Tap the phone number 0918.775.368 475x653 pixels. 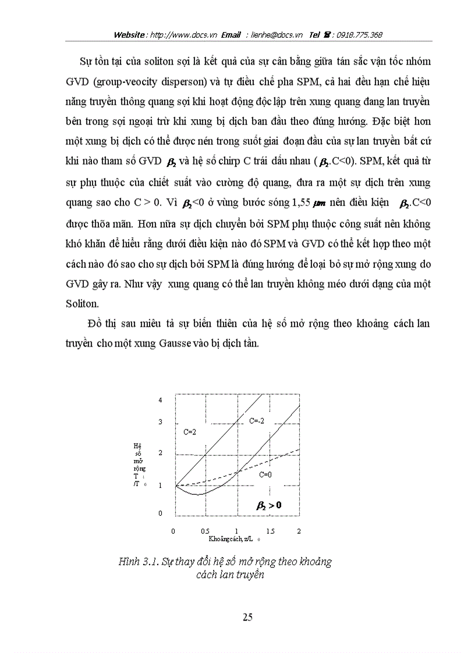[x=357, y=35]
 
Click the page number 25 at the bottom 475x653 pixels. [x=247, y=617]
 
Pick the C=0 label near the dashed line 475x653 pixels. [x=265, y=474]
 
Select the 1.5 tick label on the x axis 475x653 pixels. [x=270, y=531]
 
